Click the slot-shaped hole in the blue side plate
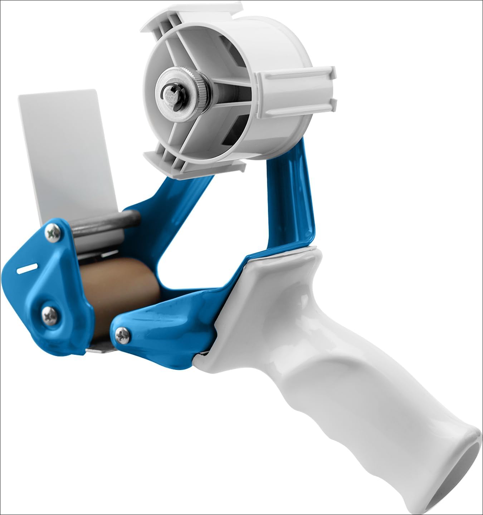pyautogui.click(x=27, y=269)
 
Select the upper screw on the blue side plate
pyautogui.click(x=54, y=233)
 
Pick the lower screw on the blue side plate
pyautogui.click(x=49, y=315)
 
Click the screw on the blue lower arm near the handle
pyautogui.click(x=123, y=335)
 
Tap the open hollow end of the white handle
pyautogui.click(x=465, y=479)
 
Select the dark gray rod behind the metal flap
pyautogui.click(x=107, y=222)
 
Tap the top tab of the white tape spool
pyautogui.click(x=193, y=14)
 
